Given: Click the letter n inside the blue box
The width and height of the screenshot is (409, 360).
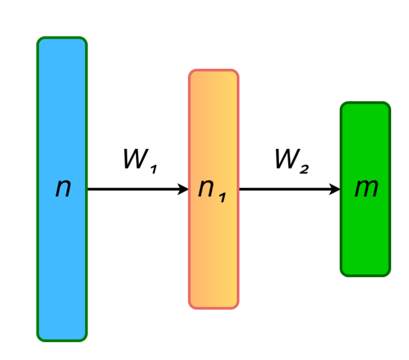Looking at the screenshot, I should coord(63,188).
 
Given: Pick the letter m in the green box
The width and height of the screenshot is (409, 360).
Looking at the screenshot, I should coord(366,189).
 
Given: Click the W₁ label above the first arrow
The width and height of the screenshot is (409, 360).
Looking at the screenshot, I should coord(140,160).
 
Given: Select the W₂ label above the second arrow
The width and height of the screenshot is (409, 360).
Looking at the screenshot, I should coord(291,160).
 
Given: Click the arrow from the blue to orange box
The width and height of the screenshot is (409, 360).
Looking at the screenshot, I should coord(136,189).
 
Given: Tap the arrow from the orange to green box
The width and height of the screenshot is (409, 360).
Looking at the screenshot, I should coord(289,189).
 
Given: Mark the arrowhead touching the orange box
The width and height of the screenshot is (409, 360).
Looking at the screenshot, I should coord(184,189).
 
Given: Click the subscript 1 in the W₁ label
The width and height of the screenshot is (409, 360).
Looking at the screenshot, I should coord(153,168).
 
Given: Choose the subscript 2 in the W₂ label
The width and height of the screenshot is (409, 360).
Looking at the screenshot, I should coord(304,168).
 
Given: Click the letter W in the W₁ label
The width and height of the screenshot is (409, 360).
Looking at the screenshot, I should coord(134,159).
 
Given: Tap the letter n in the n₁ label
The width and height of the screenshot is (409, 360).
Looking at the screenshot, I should coord(206,189).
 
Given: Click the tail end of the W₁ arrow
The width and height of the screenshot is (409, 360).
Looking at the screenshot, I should coord(89,189).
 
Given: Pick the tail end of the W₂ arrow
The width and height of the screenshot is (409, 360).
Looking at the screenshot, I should coord(241,189).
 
